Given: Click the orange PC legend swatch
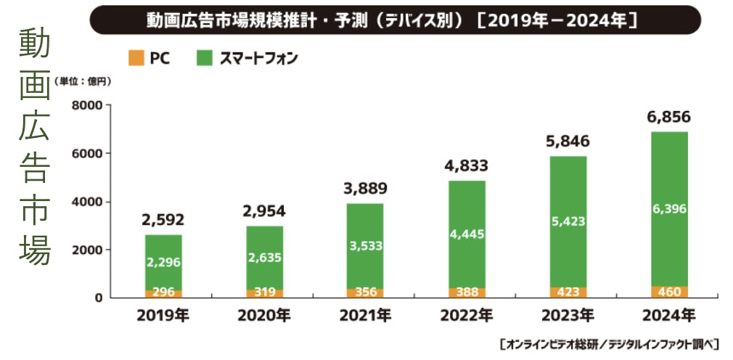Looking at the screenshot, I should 134,58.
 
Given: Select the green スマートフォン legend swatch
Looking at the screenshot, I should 204,58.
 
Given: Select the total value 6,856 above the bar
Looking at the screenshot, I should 668,117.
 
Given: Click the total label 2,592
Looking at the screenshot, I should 163,220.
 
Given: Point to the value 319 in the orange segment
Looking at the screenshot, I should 264,292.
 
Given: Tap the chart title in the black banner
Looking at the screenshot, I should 396,20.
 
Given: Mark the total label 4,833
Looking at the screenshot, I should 466,165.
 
